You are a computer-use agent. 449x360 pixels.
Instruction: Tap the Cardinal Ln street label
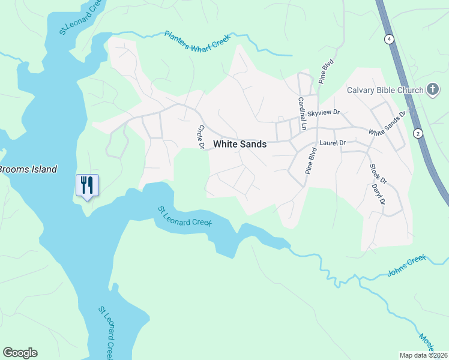[302, 114]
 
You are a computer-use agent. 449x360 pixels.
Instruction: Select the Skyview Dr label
[324, 113]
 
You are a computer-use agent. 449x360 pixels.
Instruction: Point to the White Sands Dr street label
[387, 122]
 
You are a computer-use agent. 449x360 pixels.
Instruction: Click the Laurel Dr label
[333, 143]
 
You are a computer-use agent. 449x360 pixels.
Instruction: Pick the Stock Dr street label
[378, 173]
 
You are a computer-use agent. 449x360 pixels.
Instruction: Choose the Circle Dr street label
[201, 137]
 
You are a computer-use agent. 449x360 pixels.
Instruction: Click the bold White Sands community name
[240, 145]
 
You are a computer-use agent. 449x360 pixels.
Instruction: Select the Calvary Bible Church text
[384, 91]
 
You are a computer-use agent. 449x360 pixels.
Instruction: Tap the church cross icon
[432, 90]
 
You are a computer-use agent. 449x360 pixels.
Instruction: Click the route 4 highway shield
[390, 40]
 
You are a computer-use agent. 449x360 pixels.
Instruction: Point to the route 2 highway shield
[417, 133]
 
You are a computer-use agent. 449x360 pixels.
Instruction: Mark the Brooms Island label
[28, 169]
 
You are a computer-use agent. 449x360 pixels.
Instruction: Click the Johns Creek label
[406, 265]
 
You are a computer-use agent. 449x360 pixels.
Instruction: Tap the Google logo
[20, 353]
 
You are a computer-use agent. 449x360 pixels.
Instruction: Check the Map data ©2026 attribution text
[424, 355]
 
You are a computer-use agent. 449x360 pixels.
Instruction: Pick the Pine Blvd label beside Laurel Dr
[310, 160]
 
